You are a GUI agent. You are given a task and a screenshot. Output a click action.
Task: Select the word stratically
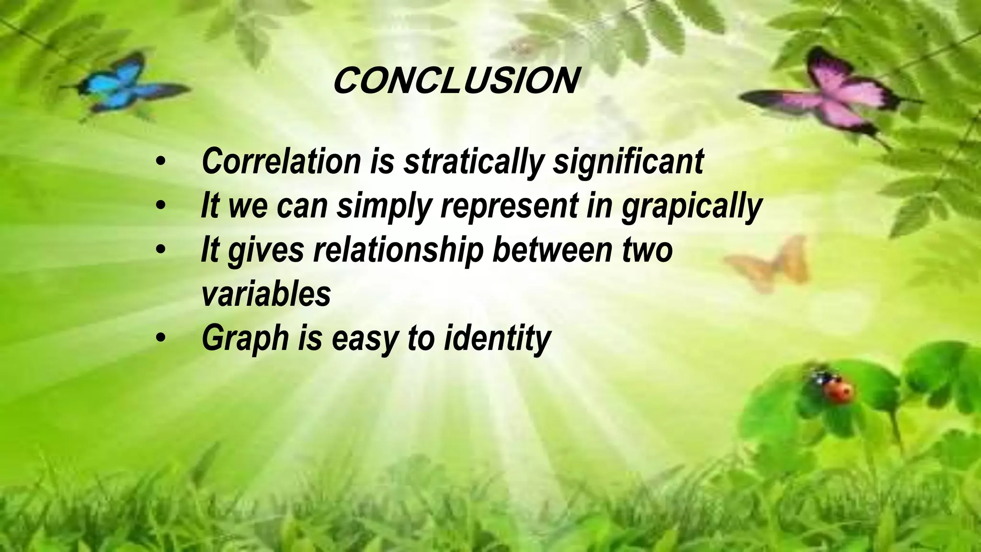(x=473, y=162)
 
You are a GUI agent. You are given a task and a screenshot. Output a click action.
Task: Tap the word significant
(x=628, y=162)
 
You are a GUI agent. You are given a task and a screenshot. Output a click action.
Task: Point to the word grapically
(x=691, y=207)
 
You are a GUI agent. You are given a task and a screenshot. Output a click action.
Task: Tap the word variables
(x=266, y=293)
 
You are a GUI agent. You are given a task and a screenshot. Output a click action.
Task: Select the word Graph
(x=245, y=338)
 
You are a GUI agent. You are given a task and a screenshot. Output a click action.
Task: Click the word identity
(x=498, y=338)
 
